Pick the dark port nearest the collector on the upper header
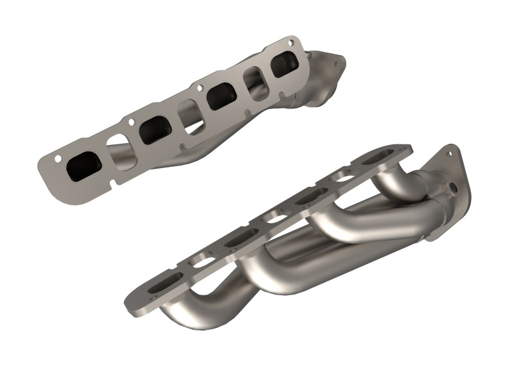tap(285, 65)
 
